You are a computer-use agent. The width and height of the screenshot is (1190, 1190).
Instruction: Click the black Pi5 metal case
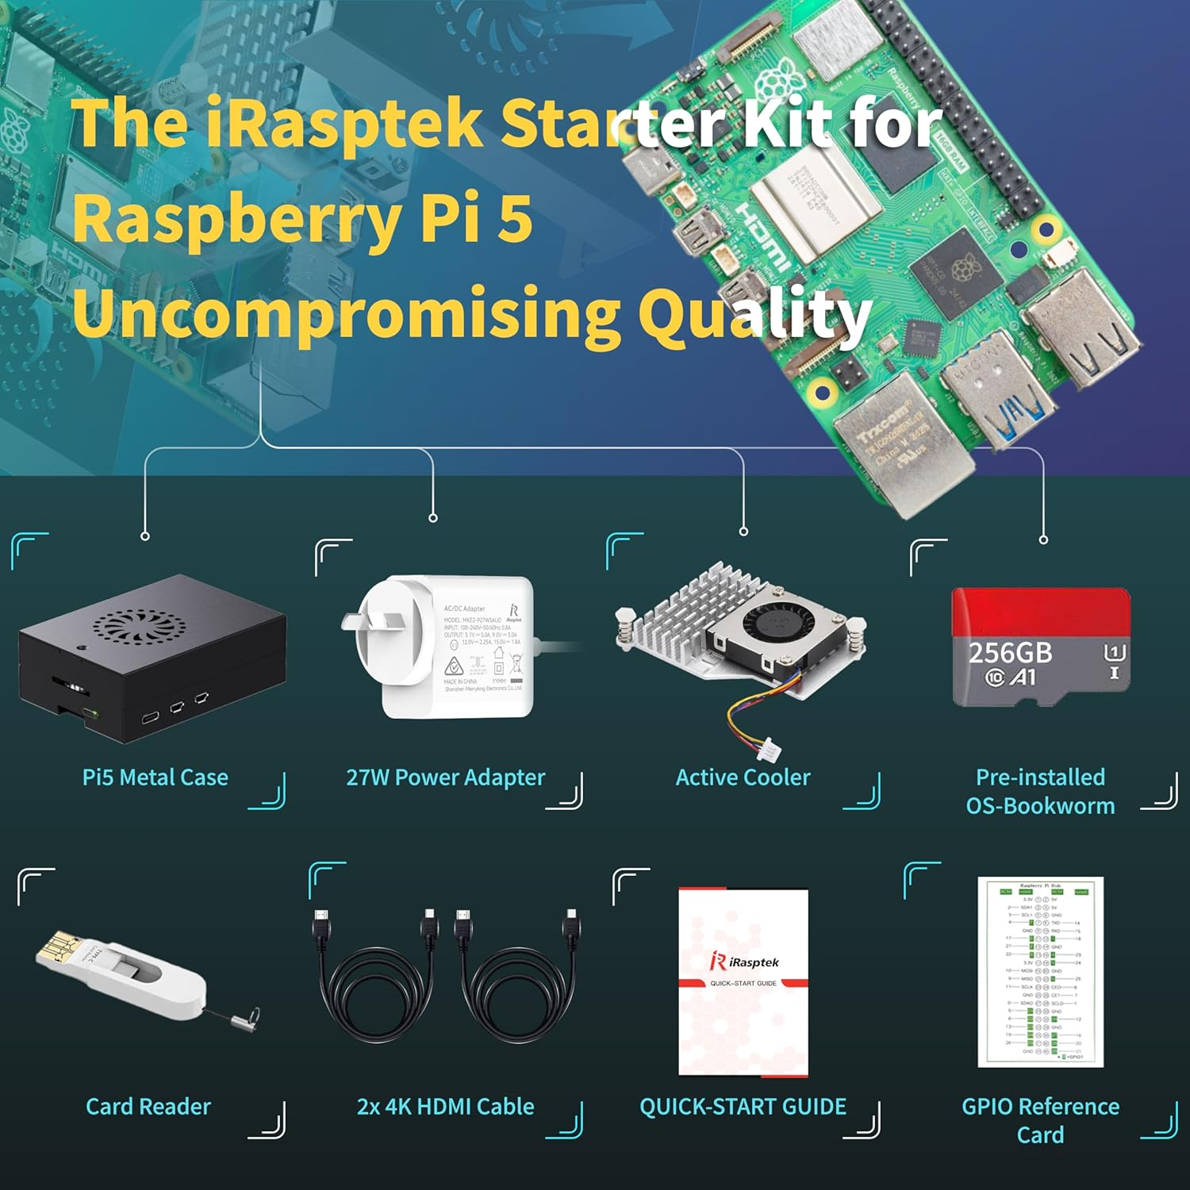click(151, 658)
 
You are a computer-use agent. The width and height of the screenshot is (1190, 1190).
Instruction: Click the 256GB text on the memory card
click(1010, 653)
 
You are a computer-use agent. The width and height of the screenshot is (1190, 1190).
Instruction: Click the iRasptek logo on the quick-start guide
click(744, 962)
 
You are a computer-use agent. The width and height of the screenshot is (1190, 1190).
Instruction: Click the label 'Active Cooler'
click(743, 777)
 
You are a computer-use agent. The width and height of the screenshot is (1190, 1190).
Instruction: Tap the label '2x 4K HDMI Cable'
click(445, 1107)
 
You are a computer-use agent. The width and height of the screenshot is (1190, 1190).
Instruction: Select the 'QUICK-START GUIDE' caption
click(743, 1107)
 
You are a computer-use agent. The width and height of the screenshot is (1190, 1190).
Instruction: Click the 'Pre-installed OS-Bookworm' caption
click(1040, 792)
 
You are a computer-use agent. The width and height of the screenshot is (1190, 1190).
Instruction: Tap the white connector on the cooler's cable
click(768, 750)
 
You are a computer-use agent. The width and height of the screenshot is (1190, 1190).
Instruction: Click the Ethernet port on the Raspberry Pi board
click(904, 440)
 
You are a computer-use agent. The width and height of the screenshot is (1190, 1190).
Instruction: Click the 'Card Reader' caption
click(148, 1107)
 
